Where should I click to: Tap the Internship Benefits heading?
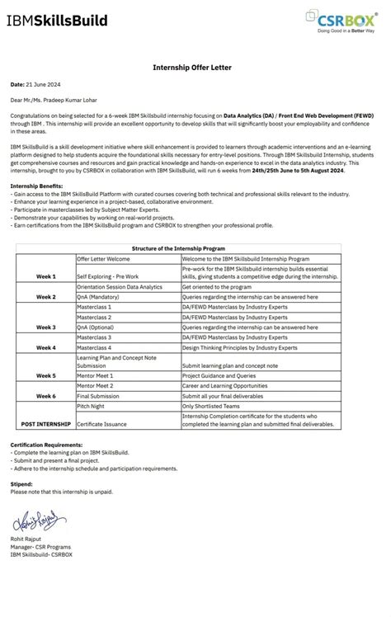[35, 186]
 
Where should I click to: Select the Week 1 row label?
[46, 276]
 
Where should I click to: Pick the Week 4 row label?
[46, 347]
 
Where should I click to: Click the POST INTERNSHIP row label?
[45, 424]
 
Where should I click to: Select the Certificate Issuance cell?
[103, 424]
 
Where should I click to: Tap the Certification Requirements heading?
[49, 445]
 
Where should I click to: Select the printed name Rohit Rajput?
[30, 539]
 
